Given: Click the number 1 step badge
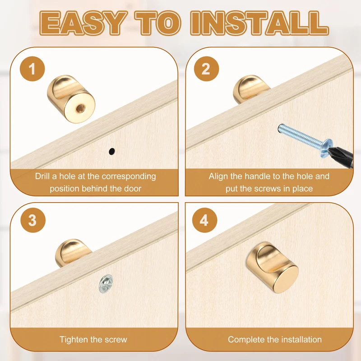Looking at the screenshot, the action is click(x=32, y=69).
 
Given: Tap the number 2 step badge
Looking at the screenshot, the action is click(x=206, y=69).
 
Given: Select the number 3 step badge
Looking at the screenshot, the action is click(x=33, y=220).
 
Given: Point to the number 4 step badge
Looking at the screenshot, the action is click(x=205, y=220).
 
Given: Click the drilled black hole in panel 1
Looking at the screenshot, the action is click(x=111, y=151).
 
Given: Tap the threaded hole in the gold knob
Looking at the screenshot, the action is click(x=80, y=107).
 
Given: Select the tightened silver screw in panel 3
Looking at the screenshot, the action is click(x=106, y=284).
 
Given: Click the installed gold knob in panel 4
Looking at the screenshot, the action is click(x=273, y=267).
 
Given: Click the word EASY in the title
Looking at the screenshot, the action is click(x=83, y=23).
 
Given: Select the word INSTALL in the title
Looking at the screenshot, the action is click(x=259, y=23).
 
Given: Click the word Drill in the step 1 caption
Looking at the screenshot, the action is click(x=42, y=176).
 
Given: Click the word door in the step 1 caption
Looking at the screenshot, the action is click(x=133, y=189).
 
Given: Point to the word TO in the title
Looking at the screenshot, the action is click(x=158, y=23).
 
